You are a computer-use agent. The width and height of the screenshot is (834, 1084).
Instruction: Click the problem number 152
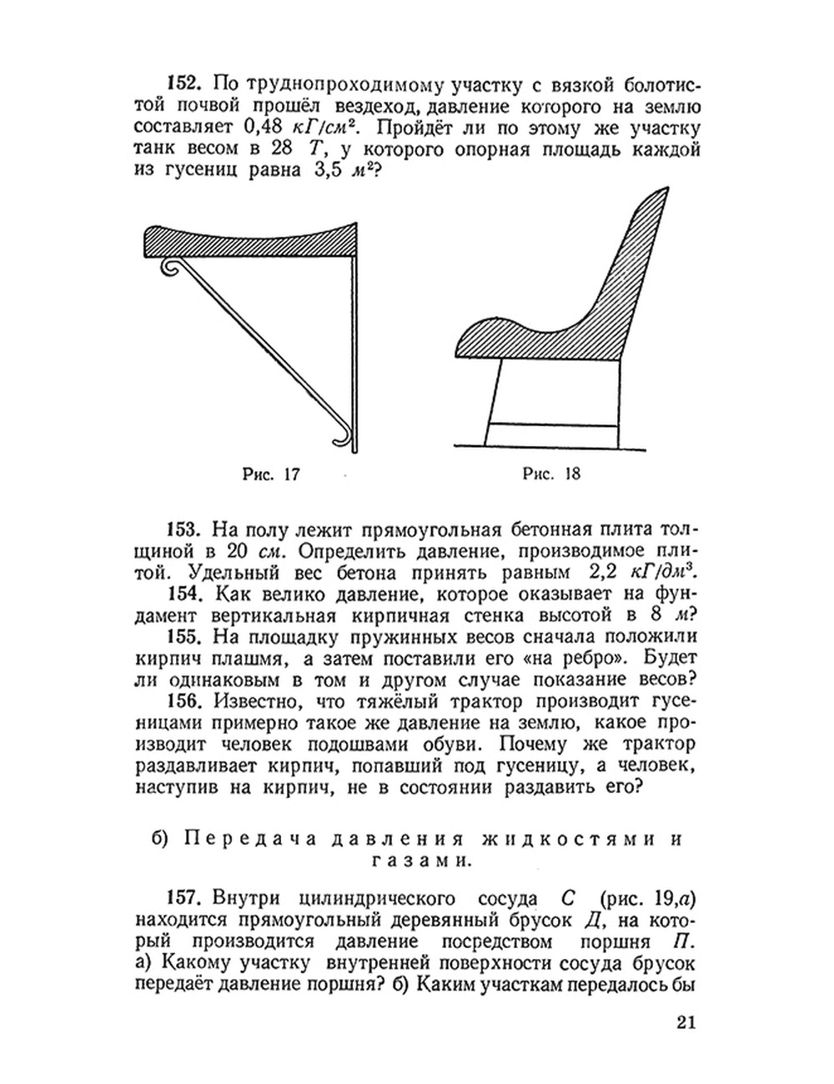tap(183, 83)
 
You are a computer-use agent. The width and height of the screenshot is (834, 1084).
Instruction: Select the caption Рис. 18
tap(550, 474)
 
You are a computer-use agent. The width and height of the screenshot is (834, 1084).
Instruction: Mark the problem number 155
tap(183, 637)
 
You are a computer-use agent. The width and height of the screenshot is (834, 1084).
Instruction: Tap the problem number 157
tap(183, 898)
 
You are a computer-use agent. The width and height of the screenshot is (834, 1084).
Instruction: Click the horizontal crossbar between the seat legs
tap(552, 424)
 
